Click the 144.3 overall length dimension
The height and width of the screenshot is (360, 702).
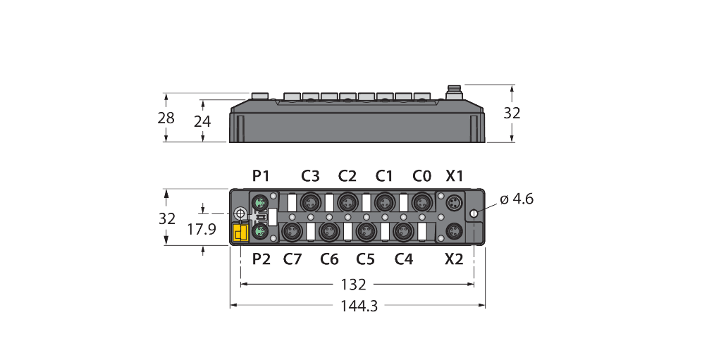tap(358, 306)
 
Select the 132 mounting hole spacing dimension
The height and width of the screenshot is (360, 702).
tap(353, 285)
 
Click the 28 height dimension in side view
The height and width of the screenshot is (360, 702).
tap(166, 118)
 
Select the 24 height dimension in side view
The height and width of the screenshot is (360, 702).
tap(202, 121)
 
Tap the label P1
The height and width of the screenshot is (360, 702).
tap(261, 175)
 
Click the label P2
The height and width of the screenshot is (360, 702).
tap(261, 259)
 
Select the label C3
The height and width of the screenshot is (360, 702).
tap(310, 175)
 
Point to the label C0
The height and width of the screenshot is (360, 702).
tap(421, 175)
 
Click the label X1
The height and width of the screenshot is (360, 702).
tap(455, 175)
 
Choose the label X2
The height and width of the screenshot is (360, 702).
tap(455, 259)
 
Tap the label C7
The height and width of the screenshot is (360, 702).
tap(292, 259)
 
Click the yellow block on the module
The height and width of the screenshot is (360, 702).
tap(239, 232)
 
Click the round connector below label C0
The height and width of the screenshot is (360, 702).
tap(421, 201)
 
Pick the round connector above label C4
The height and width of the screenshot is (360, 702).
tap(403, 230)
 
